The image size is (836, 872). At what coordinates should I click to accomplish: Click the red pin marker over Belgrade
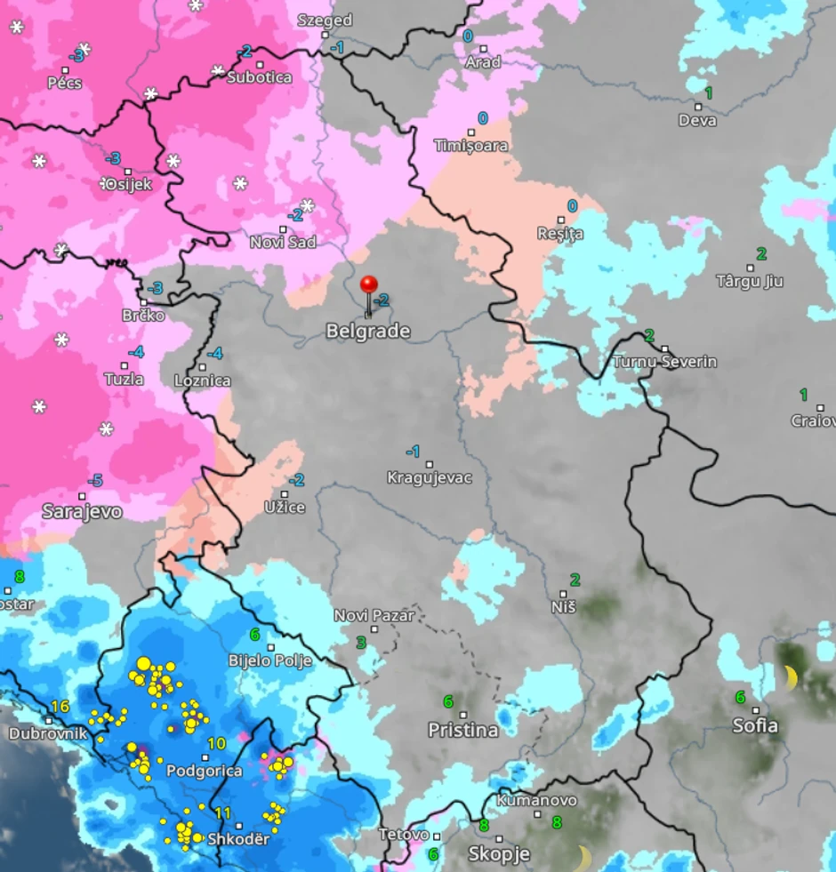tap(368, 286)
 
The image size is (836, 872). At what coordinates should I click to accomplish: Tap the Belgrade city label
tap(367, 332)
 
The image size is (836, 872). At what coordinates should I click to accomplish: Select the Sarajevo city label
tap(82, 512)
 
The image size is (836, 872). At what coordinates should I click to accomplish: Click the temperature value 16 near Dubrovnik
tap(60, 707)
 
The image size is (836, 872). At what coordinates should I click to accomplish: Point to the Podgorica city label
tap(205, 771)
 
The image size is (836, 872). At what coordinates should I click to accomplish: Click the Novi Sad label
tap(283, 242)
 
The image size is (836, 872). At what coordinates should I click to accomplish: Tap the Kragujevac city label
tap(429, 478)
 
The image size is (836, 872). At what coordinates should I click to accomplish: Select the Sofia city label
tap(755, 726)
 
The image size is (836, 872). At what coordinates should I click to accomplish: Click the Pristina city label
tap(462, 730)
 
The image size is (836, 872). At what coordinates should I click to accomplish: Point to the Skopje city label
tap(499, 854)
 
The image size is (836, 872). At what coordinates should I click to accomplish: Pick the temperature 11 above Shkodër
tap(222, 813)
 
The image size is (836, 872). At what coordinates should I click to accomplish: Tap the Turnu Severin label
tap(663, 362)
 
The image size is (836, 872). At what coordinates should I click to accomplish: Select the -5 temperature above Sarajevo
tap(95, 481)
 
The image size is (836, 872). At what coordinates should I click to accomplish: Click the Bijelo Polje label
tap(269, 660)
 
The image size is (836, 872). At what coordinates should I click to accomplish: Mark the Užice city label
tap(285, 508)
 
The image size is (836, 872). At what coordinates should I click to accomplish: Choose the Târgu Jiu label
tap(750, 281)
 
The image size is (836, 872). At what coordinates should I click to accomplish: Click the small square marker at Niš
tap(563, 593)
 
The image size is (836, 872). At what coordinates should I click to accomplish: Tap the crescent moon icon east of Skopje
tap(583, 858)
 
